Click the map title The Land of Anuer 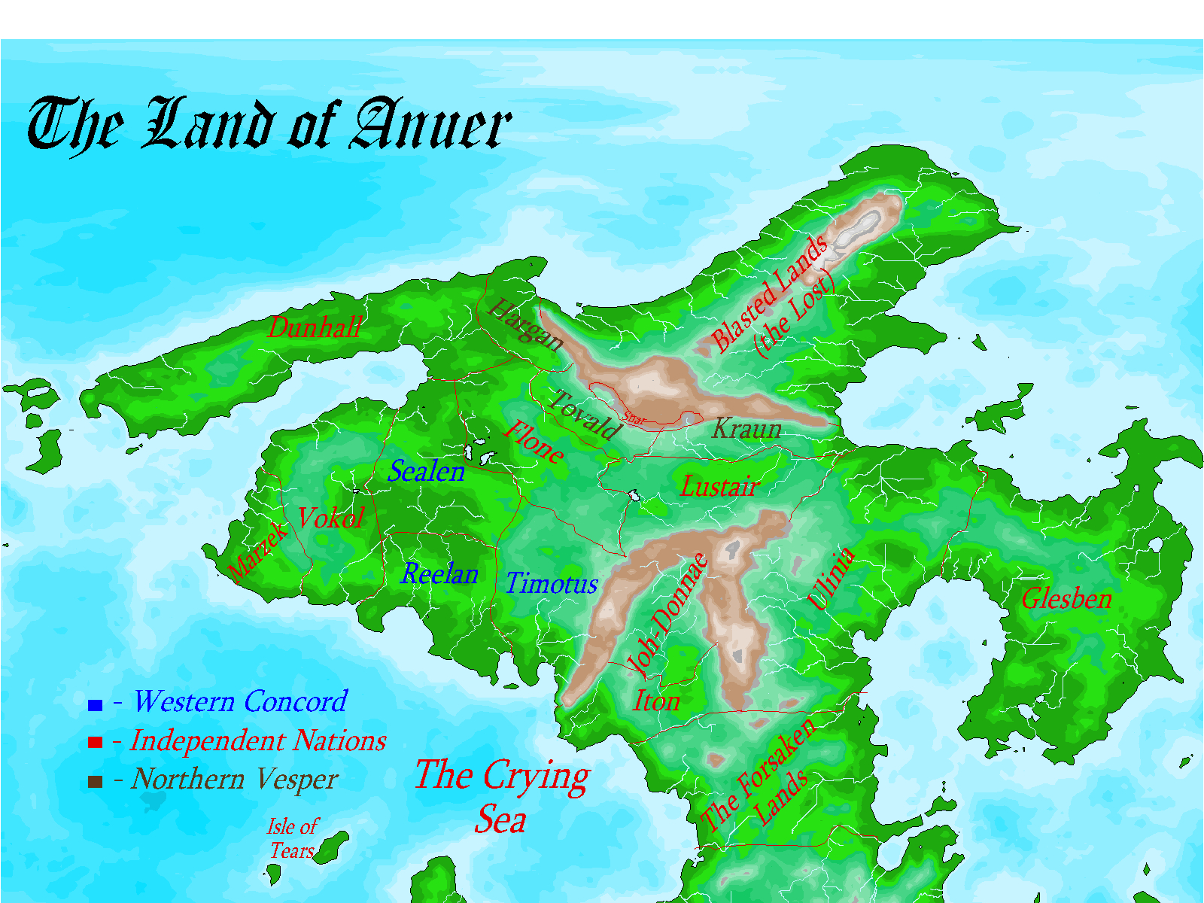(x=269, y=124)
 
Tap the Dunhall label (x=315, y=328)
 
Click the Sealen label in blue (x=426, y=472)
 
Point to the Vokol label (x=330, y=518)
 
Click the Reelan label (x=439, y=574)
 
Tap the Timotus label (x=552, y=584)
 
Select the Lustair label (x=719, y=487)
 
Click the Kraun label (x=746, y=429)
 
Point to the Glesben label (x=1066, y=599)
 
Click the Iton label (x=656, y=701)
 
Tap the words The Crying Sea (x=502, y=796)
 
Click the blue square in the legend (x=95, y=705)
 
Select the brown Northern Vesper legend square (x=95, y=782)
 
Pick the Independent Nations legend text (x=258, y=741)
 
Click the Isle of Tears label (x=292, y=839)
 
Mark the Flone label (x=534, y=442)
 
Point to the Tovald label (x=583, y=415)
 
